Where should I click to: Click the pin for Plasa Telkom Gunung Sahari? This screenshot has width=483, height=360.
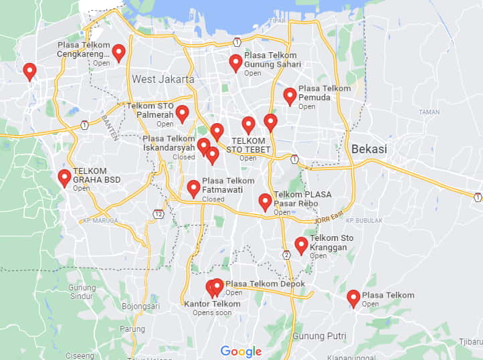click(235, 62)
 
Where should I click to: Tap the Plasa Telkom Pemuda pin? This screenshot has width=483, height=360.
click(290, 96)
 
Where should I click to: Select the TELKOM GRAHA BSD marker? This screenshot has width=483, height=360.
click(64, 177)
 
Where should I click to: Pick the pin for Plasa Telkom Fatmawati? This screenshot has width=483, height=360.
click(193, 188)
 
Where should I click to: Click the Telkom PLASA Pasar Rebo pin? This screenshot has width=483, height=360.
click(265, 201)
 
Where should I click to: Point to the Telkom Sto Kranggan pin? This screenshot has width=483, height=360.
click(301, 245)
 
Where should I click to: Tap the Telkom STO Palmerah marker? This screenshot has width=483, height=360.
click(182, 113)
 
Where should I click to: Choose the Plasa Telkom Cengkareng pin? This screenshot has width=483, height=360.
click(118, 52)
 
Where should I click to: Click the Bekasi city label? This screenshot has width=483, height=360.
click(369, 149)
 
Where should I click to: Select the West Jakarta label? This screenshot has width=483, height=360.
click(163, 79)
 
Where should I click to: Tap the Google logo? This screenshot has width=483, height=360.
click(241, 351)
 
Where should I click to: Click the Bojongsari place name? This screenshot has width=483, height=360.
click(140, 306)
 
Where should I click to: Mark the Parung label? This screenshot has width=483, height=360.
click(132, 329)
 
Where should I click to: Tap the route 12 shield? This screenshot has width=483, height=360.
click(158, 214)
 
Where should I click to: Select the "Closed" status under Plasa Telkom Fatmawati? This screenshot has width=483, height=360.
click(213, 199)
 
